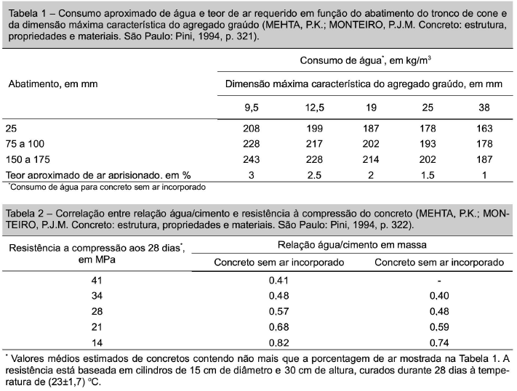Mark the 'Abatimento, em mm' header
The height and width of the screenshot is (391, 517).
(x=52, y=84)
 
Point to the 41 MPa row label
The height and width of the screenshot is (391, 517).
(x=97, y=280)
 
